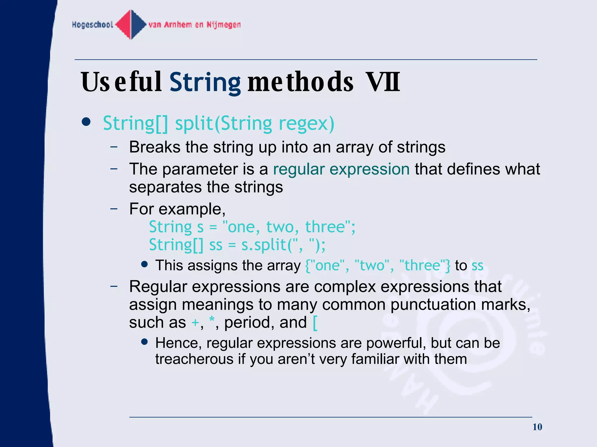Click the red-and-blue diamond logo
(x=131, y=24)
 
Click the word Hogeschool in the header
(x=92, y=25)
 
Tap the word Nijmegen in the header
(x=224, y=25)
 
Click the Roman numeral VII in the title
(x=383, y=82)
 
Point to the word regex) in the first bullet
(x=306, y=124)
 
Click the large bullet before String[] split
(x=86, y=122)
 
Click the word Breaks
(x=154, y=147)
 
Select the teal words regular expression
(x=341, y=169)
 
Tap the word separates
(x=165, y=187)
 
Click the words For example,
(x=177, y=209)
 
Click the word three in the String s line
(x=325, y=227)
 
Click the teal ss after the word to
(x=477, y=265)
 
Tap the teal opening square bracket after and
(x=315, y=323)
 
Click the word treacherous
(x=194, y=359)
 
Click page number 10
(x=537, y=427)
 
